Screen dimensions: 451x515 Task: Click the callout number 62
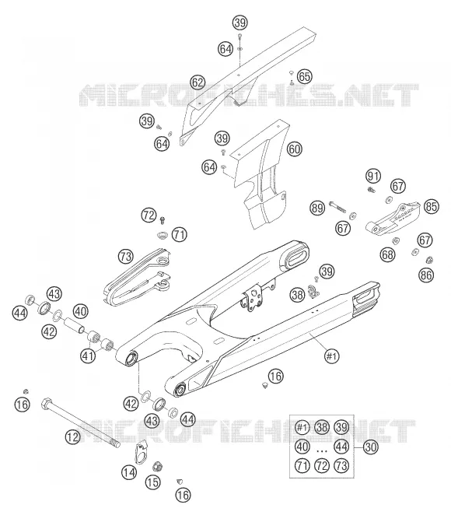(x=198, y=82)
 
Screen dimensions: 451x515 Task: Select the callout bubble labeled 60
(x=295, y=149)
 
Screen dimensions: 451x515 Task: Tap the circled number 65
(x=304, y=76)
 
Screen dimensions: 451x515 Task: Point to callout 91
(x=373, y=177)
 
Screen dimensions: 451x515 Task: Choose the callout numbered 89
(x=317, y=208)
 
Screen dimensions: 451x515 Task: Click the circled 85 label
(x=431, y=207)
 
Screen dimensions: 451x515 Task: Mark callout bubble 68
(x=387, y=254)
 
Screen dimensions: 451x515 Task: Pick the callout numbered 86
(x=426, y=275)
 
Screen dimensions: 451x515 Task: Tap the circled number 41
(x=88, y=356)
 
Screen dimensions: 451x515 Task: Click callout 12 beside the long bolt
(x=72, y=437)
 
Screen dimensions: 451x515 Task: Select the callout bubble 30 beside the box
(x=370, y=447)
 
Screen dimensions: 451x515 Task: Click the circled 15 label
(x=153, y=482)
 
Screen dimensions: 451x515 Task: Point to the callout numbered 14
(x=129, y=473)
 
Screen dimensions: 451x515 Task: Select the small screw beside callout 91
(x=371, y=189)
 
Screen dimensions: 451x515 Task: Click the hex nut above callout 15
(x=157, y=467)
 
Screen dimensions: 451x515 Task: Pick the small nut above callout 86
(x=428, y=261)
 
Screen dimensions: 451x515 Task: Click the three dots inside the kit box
(x=322, y=451)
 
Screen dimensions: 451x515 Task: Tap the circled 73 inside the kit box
(x=341, y=466)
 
